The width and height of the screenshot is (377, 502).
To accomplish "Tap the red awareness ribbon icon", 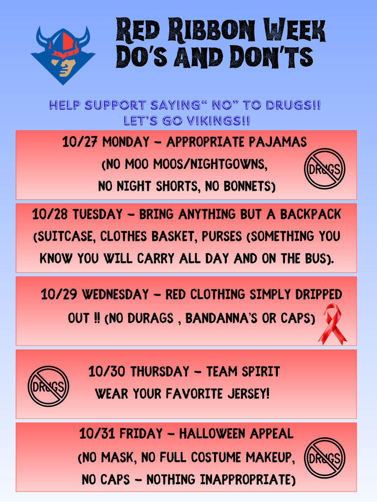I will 332,324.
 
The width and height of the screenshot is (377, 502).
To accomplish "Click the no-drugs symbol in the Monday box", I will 324,169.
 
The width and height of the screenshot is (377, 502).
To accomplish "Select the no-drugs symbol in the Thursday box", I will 48,386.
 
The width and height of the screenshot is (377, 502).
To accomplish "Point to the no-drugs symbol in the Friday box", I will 324,458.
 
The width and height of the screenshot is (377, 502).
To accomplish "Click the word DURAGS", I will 150,318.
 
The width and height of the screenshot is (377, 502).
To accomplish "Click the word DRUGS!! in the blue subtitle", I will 293,105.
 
